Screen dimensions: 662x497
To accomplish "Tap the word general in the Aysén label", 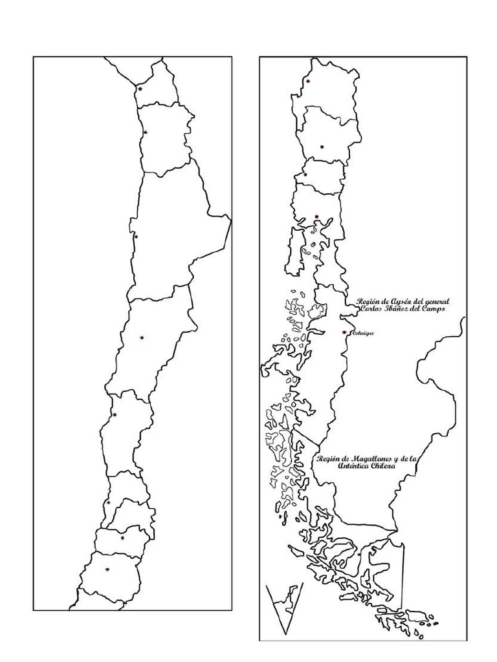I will (434, 301).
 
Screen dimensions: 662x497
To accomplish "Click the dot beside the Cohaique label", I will (344, 332).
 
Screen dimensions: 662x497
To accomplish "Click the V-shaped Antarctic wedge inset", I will (285, 604).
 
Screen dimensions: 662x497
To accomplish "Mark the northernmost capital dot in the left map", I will (140, 88).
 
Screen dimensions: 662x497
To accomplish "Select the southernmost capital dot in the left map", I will (107, 570).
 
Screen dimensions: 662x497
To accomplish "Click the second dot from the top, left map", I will (146, 133).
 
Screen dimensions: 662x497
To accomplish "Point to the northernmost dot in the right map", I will (309, 81).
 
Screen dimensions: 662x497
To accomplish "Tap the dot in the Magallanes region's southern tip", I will (359, 553).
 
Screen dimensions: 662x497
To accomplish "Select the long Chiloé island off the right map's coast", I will (294, 249).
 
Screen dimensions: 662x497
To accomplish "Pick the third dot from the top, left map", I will (135, 236).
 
